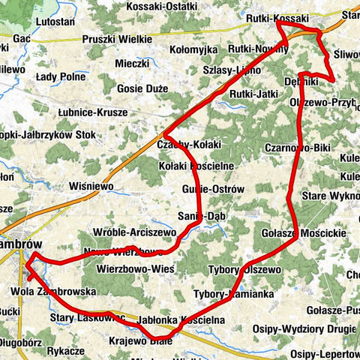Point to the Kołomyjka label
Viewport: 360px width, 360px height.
tap(193, 49)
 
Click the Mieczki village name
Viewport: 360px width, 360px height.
tap(133, 64)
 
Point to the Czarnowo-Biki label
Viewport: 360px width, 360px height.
tap(298, 148)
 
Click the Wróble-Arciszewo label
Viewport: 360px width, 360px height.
tap(135, 233)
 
